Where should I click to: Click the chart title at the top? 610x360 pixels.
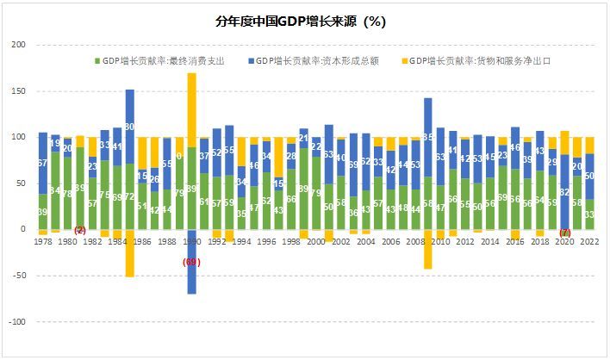305,22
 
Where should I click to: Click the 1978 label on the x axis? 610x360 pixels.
43,243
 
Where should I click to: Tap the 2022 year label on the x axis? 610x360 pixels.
590,243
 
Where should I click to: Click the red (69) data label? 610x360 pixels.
191,261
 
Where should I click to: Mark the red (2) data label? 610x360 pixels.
80,230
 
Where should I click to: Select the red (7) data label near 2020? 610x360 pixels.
565,233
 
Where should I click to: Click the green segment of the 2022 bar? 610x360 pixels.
590,214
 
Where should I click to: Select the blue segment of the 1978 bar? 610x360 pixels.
43,163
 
